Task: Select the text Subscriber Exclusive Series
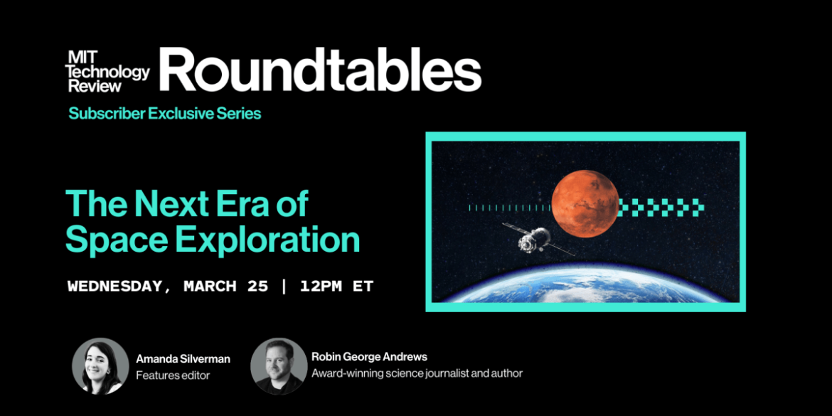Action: (x=164, y=113)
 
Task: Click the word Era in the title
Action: (x=232, y=205)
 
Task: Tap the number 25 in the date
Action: (x=257, y=287)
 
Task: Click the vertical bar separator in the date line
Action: (x=284, y=287)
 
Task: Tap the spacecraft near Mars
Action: (x=535, y=240)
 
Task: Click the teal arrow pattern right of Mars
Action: (x=661, y=208)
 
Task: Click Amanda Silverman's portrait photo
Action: (x=100, y=366)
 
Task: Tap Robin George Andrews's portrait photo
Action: (x=279, y=366)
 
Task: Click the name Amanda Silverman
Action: (x=183, y=359)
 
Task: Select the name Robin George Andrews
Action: (x=369, y=357)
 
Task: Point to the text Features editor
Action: (x=173, y=375)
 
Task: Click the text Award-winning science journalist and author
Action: (x=417, y=373)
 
